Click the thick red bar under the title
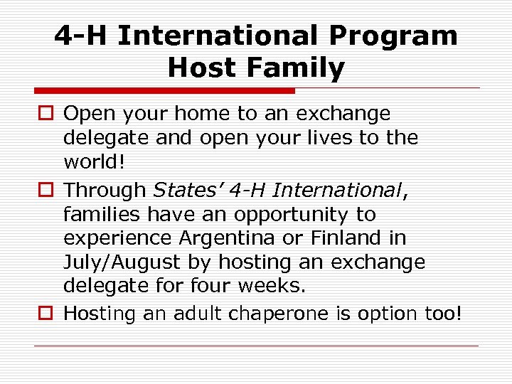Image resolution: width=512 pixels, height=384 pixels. pos(164,91)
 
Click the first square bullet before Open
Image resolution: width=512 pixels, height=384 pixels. pos(48,114)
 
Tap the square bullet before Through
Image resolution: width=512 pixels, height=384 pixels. pos(48,191)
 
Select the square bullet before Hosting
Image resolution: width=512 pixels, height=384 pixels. pos(48,314)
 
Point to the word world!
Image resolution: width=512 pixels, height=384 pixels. pos(95,161)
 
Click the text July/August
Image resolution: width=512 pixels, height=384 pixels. pos(123,262)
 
